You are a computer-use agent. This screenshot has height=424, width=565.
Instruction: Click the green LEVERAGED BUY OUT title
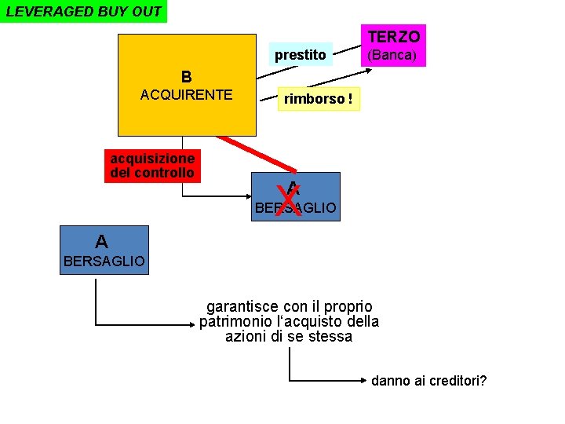[84, 12]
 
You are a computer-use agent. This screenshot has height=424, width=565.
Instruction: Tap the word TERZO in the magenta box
[394, 36]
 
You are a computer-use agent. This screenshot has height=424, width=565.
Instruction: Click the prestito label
[300, 55]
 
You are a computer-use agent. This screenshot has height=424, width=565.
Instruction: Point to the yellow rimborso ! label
[318, 99]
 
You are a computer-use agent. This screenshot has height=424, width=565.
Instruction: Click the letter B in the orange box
[186, 77]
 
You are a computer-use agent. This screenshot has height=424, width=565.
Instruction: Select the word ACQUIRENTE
[186, 95]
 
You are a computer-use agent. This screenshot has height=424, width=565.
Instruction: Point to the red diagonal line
[251, 152]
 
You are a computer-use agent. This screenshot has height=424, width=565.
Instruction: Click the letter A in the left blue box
[102, 240]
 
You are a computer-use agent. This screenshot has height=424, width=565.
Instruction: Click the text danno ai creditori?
[428, 381]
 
